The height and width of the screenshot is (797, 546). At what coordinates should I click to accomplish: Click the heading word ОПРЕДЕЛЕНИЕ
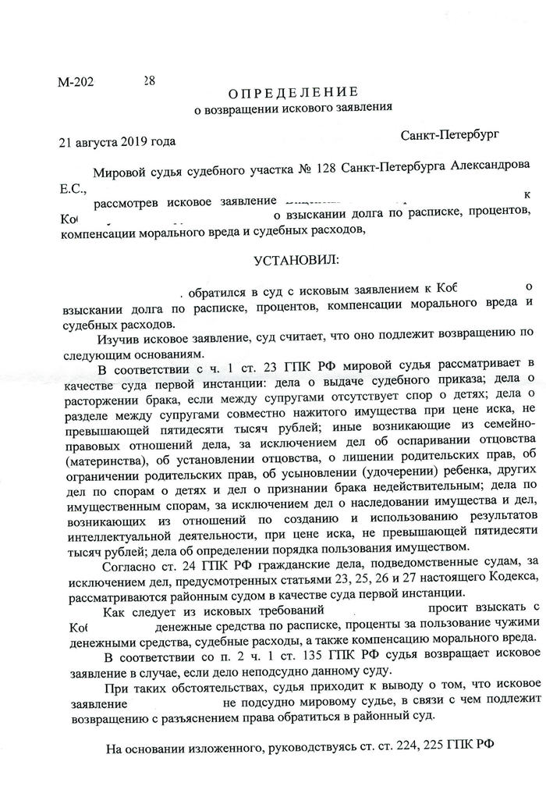(x=294, y=91)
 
